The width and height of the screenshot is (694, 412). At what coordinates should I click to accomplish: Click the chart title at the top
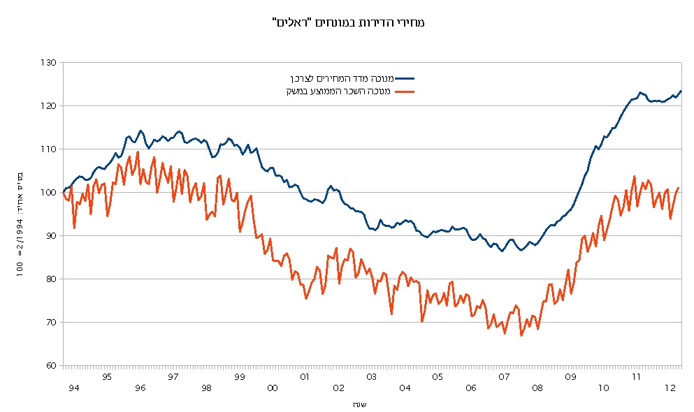click(347, 22)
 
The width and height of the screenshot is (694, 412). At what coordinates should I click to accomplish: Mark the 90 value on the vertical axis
click(50, 236)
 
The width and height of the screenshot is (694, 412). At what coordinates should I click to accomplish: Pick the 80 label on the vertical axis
click(50, 279)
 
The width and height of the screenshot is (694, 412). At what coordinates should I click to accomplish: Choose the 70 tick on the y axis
click(50, 323)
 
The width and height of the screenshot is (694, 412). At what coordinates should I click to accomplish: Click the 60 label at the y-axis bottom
click(50, 366)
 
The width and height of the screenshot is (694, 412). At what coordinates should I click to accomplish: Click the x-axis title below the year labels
click(359, 404)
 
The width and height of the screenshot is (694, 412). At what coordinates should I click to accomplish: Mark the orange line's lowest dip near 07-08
click(521, 336)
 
